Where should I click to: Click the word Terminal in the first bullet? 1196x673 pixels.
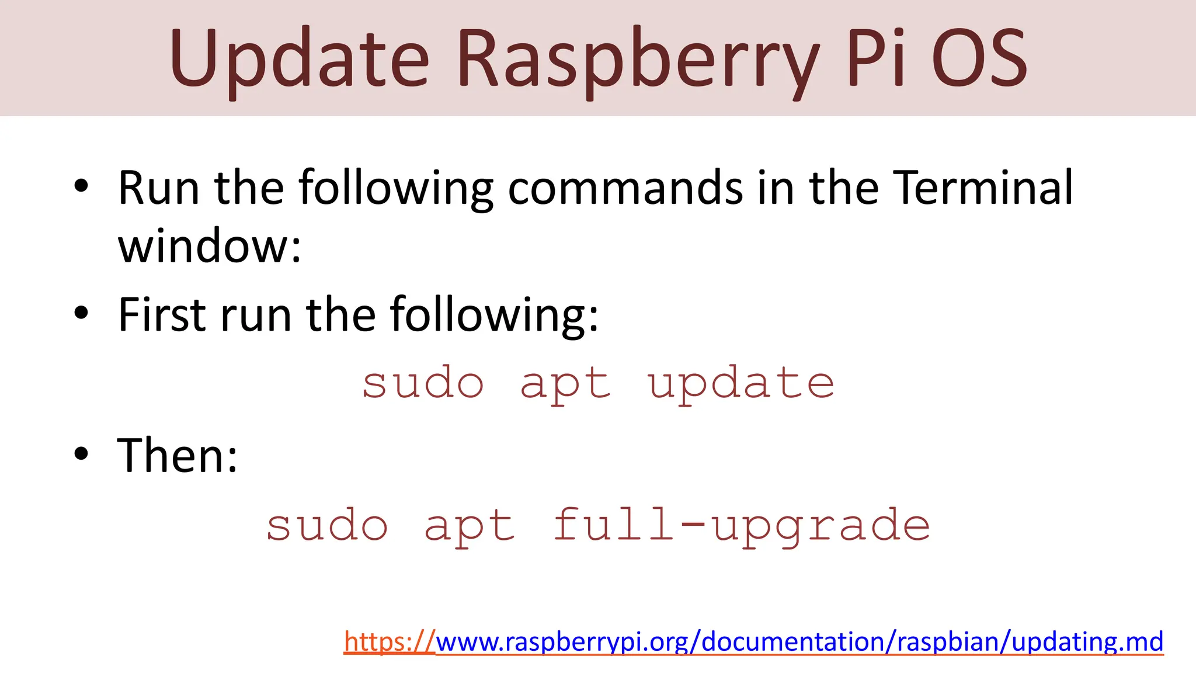(x=983, y=188)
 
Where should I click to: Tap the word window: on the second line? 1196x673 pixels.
(x=209, y=247)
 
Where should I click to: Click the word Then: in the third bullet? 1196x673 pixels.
(x=178, y=456)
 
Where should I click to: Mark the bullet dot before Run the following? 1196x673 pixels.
(x=81, y=186)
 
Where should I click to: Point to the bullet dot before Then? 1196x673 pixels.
(x=81, y=454)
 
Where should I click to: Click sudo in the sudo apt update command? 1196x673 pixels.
(x=423, y=383)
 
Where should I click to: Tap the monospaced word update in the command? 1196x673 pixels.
(x=740, y=383)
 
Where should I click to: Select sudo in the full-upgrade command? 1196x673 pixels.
(x=327, y=525)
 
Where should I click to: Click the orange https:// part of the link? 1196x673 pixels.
(x=389, y=641)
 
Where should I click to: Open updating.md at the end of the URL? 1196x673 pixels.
(x=1087, y=641)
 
